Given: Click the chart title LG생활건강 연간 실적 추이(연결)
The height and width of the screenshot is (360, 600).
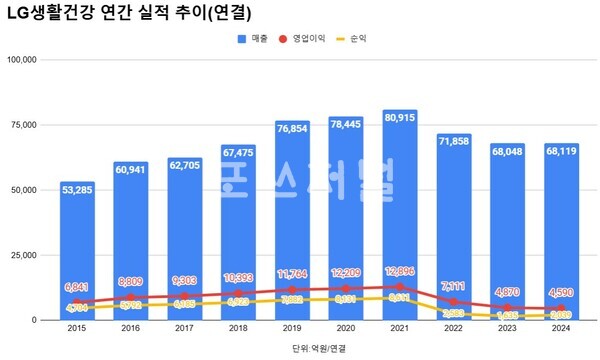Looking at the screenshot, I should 129,14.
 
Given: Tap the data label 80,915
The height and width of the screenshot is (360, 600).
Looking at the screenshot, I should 399,118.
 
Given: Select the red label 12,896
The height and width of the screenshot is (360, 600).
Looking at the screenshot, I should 399,273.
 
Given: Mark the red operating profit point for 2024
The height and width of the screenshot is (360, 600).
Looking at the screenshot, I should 561,308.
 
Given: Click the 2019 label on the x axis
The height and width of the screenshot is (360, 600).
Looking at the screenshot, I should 291,328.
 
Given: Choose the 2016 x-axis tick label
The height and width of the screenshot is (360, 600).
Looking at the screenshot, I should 129,328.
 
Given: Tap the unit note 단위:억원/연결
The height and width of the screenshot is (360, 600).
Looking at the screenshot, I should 318,347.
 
